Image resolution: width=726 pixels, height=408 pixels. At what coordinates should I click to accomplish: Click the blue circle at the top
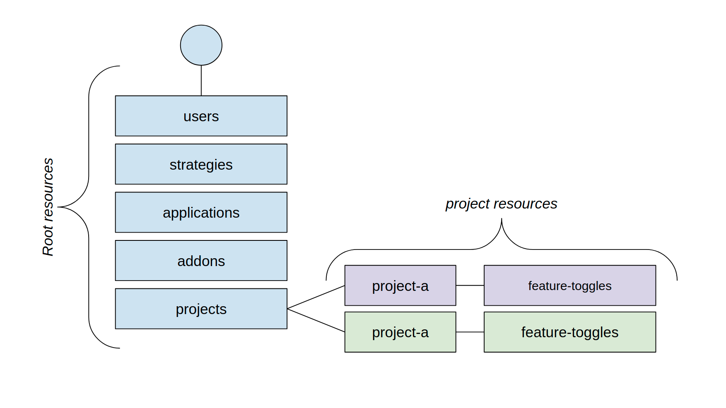(201, 45)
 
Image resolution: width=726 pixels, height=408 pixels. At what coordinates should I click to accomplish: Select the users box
(201, 116)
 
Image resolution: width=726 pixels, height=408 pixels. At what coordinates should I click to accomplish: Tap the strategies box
(201, 164)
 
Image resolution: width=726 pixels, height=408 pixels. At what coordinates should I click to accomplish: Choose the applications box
(201, 212)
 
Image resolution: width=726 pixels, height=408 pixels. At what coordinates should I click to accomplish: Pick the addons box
(201, 261)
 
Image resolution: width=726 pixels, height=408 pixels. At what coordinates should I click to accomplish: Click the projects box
(201, 309)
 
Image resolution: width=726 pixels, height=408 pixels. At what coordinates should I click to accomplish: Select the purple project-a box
(400, 286)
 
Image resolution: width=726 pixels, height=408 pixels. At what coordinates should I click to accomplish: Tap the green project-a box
(400, 332)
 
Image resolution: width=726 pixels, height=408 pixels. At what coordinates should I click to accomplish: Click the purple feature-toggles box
(569, 286)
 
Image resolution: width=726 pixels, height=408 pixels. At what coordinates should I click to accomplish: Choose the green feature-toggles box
(569, 332)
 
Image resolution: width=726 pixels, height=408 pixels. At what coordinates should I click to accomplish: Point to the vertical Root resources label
(48, 207)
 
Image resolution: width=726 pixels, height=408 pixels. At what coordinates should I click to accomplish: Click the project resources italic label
(501, 204)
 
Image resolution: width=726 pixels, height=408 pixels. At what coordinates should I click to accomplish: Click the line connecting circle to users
(201, 81)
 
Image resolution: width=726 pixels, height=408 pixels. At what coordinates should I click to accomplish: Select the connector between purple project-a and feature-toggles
(470, 286)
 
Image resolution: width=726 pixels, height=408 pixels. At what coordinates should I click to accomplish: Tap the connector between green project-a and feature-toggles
(470, 332)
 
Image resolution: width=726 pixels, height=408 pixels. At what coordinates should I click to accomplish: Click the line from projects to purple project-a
(316, 297)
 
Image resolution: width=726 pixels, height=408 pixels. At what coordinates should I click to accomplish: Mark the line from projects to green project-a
(316, 320)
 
